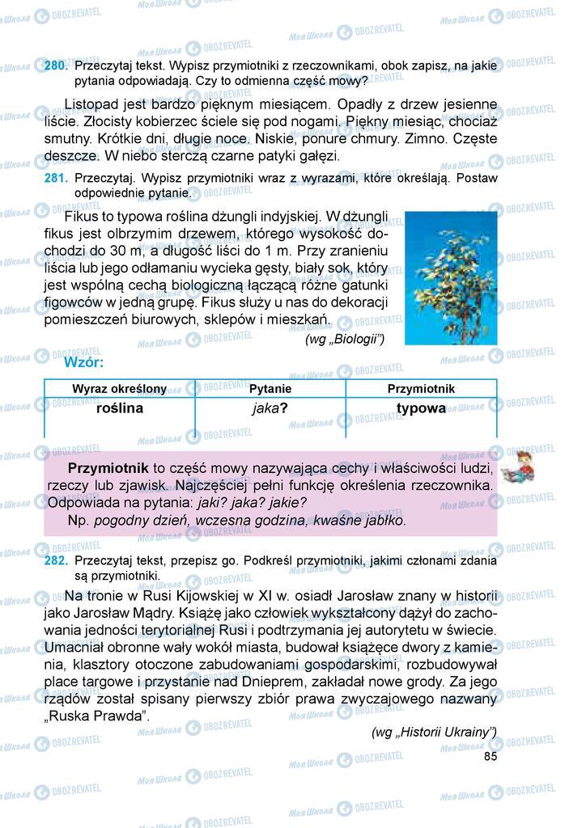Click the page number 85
point(490,756)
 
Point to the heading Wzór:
point(84,364)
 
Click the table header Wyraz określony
point(119,389)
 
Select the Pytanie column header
point(270,389)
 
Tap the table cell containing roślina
point(119,408)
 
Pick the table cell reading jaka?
point(270,409)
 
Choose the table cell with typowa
point(421,408)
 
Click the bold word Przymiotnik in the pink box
point(108,468)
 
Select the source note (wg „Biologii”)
point(345,340)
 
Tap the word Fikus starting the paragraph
point(80,218)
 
